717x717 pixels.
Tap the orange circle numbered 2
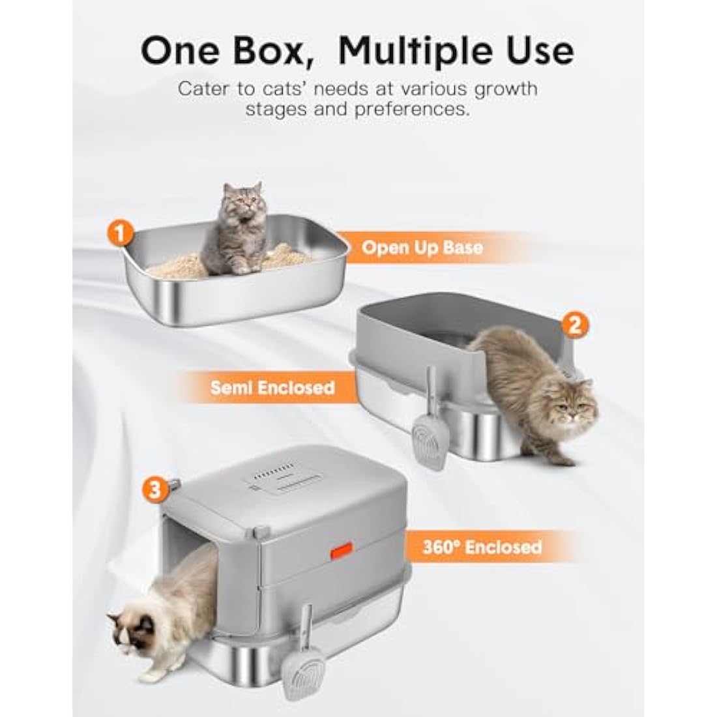574,324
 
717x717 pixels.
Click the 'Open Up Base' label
422,247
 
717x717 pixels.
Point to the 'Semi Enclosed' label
272,388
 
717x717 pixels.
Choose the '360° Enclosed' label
482,546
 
